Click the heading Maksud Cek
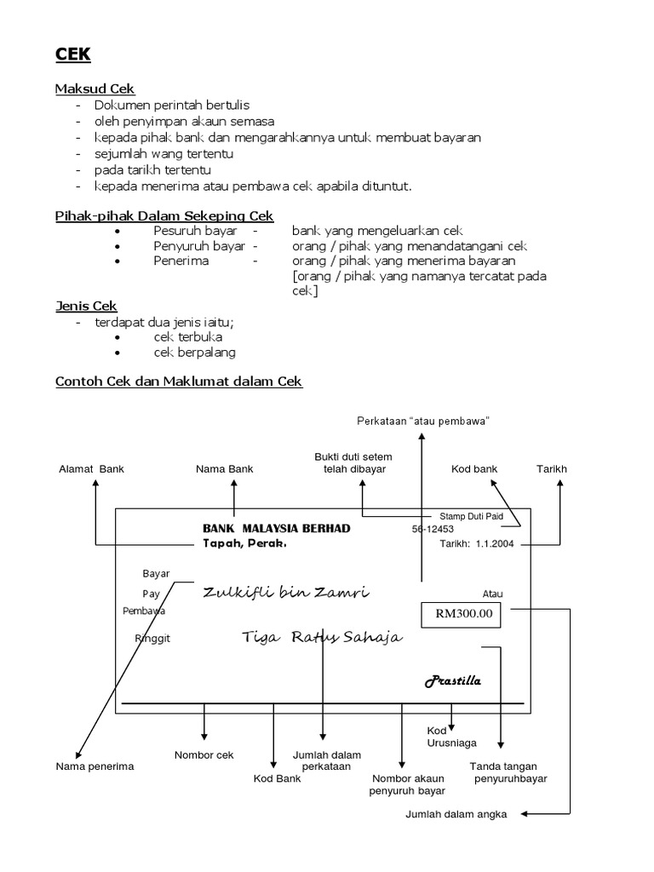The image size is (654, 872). (x=95, y=89)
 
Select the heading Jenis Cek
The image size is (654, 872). (x=86, y=306)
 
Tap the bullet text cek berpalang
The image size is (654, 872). (x=194, y=352)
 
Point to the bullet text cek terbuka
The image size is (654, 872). (x=190, y=337)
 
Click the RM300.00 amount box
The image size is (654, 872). (x=463, y=614)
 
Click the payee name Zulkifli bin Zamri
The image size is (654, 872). (x=288, y=593)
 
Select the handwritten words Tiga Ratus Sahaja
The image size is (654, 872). (x=322, y=638)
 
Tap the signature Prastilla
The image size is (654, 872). (x=453, y=681)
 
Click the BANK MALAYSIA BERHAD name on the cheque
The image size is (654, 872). (x=276, y=529)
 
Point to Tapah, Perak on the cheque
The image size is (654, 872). (x=244, y=543)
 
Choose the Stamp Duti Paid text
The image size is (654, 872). (x=471, y=516)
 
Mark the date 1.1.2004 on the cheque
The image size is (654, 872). (x=495, y=544)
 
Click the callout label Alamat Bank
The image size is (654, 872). (x=91, y=468)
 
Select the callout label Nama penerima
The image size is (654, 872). (x=95, y=766)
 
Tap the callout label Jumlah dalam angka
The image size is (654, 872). (x=456, y=814)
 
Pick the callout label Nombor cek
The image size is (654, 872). (x=204, y=754)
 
